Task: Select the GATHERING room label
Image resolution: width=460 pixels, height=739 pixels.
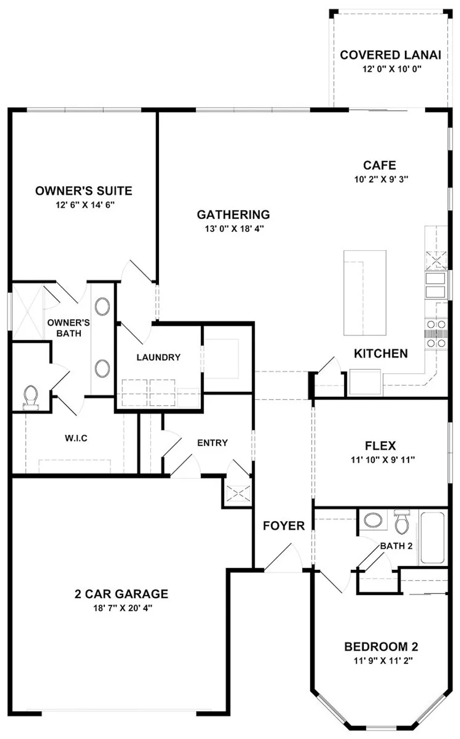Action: pos(233,215)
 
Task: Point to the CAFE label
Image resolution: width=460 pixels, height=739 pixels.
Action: pos(380,165)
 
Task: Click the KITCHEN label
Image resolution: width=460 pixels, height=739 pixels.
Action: pos(381,353)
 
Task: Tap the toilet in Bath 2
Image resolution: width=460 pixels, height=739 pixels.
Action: pos(401,522)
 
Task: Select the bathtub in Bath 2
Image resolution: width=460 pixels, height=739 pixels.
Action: pos(432,538)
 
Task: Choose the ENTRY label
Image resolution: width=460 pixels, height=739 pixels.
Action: pos(212,443)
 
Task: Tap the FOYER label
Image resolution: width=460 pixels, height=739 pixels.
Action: pos(283,525)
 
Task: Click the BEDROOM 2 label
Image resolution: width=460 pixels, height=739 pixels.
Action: pos(380,645)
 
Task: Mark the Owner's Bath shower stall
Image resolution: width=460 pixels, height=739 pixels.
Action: pos(28,311)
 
